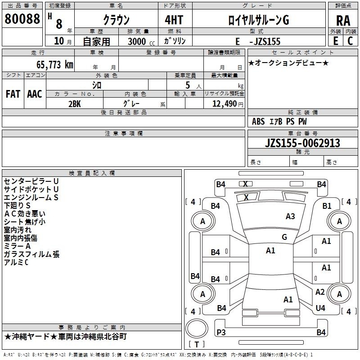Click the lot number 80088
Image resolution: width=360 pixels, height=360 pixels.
[x=22, y=19]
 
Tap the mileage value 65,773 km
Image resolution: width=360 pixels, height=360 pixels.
[x=55, y=65]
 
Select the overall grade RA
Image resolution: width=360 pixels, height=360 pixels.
[x=343, y=21]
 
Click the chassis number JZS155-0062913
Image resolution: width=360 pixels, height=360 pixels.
[x=302, y=143]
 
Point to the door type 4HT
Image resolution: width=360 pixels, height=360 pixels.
[x=174, y=20]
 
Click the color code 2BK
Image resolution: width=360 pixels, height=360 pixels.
[x=75, y=104]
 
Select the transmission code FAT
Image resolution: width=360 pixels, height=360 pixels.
[x=13, y=94]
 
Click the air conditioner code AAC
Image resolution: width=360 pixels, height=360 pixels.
[x=35, y=94]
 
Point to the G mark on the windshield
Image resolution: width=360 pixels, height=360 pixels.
[x=284, y=237]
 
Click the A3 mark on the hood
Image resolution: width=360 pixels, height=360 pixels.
[x=290, y=216]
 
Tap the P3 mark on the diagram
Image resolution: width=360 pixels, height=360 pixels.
[x=221, y=332]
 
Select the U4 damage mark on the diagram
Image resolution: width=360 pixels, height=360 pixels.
[x=320, y=308]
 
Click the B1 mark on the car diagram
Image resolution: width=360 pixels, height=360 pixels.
[x=327, y=206]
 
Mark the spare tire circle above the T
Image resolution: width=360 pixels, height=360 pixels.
[x=197, y=328]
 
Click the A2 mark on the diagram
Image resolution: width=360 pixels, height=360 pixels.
[x=320, y=292]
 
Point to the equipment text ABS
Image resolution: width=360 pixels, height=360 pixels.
[x=258, y=121]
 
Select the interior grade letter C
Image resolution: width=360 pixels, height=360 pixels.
[x=350, y=41]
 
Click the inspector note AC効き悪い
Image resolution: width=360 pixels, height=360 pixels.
[x=25, y=214]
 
